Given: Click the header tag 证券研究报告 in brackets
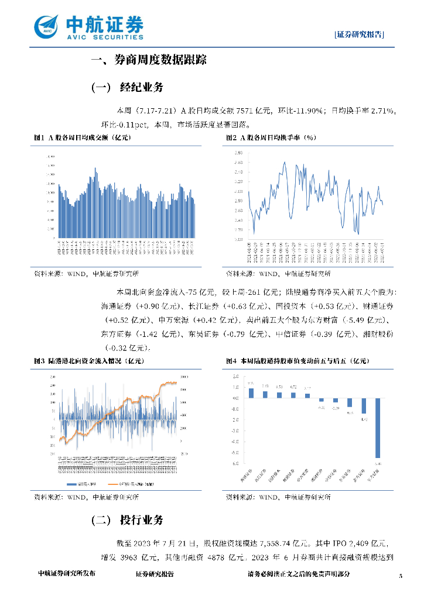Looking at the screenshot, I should (360, 35).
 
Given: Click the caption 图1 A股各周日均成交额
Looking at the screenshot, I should (82, 137).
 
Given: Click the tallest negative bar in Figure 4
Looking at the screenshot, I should (378, 428).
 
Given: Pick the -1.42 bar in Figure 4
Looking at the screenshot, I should (364, 405).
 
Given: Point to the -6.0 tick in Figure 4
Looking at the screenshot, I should (236, 464).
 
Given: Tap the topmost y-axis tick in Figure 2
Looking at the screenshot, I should (238, 153).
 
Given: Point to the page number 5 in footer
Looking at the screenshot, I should (401, 576).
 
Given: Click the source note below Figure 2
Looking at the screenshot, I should (278, 274).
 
